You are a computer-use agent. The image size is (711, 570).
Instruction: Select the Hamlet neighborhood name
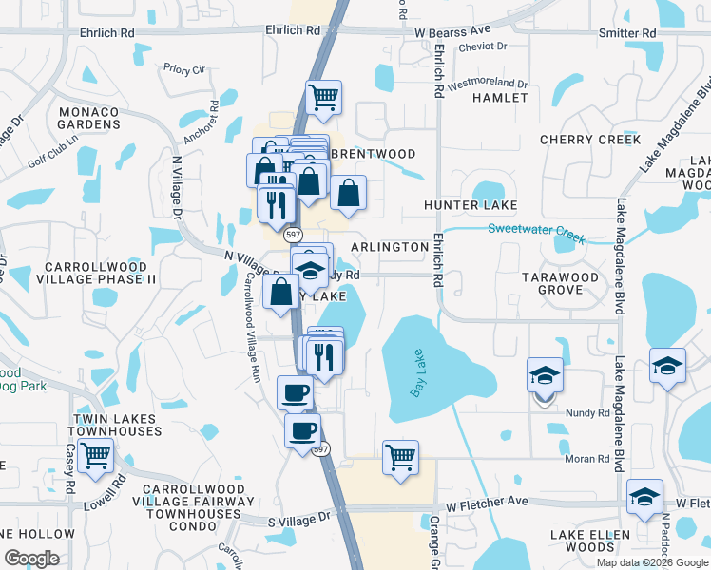tap(500, 98)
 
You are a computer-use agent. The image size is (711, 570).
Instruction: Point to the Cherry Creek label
tap(590, 140)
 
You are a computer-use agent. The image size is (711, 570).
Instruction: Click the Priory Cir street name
tap(184, 69)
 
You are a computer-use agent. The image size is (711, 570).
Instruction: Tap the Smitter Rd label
tap(627, 33)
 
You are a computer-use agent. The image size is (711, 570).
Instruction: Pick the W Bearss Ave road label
tap(452, 32)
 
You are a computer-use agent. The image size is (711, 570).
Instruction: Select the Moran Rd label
tap(586, 459)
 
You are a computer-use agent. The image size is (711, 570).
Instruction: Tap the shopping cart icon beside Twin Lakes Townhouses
tap(96, 455)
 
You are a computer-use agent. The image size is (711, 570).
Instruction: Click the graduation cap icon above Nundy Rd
tap(545, 374)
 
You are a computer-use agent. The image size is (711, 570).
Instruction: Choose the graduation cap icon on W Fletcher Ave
tap(644, 497)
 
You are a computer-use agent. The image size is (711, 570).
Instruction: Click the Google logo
tap(31, 559)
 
